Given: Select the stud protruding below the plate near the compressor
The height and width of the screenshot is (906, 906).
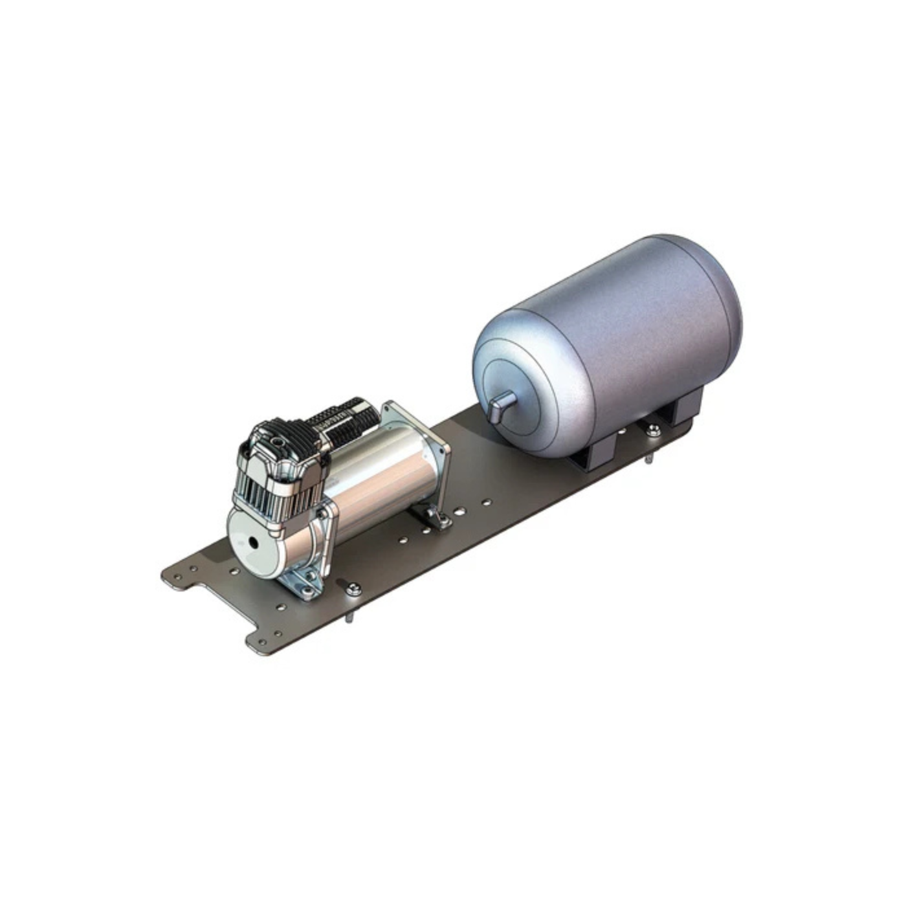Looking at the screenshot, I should click(348, 618).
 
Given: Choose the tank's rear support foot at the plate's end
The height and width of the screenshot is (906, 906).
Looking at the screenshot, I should click(686, 408).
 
